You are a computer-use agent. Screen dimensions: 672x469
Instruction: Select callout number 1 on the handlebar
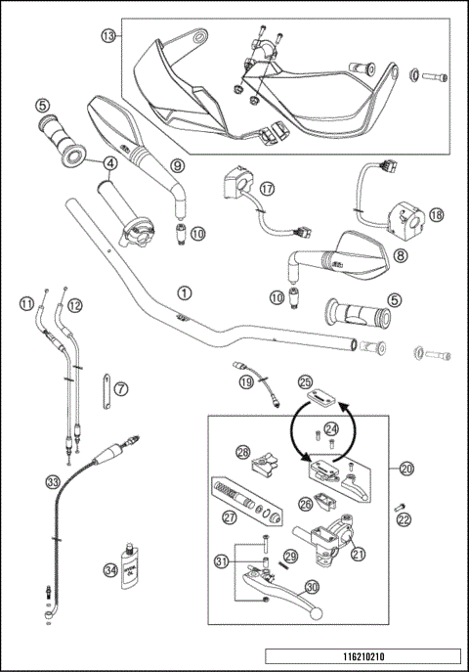coord(183,291)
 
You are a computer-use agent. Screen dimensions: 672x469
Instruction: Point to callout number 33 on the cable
coord(52,480)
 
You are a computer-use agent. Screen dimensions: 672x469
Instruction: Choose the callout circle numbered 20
coord(406,469)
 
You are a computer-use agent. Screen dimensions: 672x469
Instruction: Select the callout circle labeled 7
coord(120,389)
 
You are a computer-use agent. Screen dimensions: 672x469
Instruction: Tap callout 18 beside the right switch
coord(436,214)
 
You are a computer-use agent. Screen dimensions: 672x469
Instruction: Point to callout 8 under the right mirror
coord(400,255)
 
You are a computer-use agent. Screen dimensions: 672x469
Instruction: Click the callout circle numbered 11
coord(25,305)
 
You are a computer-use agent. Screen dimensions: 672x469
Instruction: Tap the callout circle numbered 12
coord(74,305)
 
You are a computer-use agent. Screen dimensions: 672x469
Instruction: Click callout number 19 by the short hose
coord(246,381)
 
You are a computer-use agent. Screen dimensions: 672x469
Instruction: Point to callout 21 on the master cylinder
coord(358,554)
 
